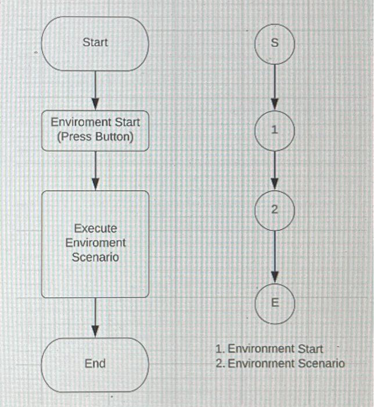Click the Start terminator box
(95, 44)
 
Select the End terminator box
(95, 365)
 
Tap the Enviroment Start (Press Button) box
(95, 131)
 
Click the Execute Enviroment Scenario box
(95, 244)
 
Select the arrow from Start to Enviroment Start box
(95, 91)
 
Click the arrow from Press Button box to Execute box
(95, 171)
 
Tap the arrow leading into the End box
(95, 317)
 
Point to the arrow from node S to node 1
(275, 87)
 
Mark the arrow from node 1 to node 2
(275, 171)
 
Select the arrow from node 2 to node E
(275, 257)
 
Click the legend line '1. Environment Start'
(269, 349)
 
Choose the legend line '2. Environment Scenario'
(280, 363)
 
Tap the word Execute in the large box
(95, 229)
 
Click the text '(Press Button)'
(95, 137)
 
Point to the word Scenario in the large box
(95, 257)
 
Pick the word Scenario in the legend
(321, 363)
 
